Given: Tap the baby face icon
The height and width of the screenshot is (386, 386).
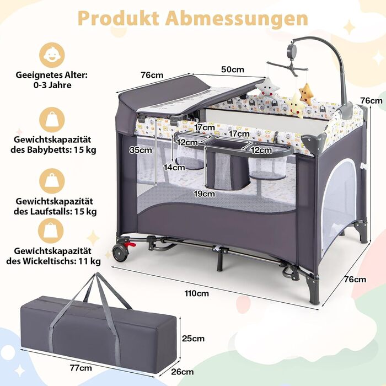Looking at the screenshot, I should [x=52, y=55].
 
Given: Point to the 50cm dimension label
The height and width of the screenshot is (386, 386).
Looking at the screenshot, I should [x=232, y=69].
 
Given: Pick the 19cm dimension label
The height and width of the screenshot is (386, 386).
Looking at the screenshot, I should [x=204, y=194].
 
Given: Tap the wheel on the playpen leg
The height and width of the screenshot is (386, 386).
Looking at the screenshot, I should [x=120, y=253].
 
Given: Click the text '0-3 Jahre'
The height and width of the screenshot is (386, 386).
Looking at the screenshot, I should [x=52, y=85].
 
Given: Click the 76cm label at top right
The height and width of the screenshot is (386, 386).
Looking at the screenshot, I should [x=371, y=100].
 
